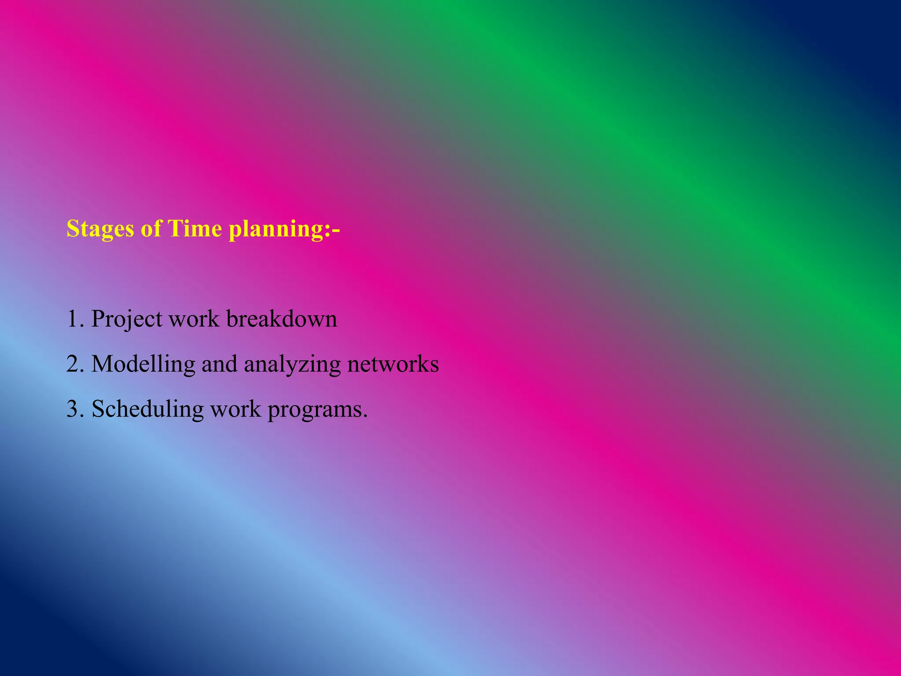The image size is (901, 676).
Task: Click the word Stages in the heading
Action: point(100,229)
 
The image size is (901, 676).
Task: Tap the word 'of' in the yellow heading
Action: point(151,229)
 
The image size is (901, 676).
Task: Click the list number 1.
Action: point(73,319)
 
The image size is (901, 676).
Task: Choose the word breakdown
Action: point(282,319)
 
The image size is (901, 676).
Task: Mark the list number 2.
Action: point(73,364)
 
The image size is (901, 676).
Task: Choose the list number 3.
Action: point(73,409)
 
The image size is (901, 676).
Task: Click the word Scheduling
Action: point(147,410)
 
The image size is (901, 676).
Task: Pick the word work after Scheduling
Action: point(235,409)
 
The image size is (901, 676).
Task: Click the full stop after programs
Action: point(365,415)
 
